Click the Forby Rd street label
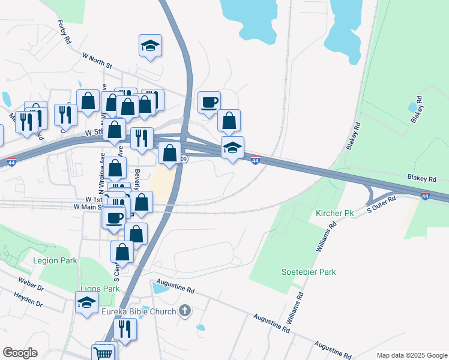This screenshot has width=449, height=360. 64,31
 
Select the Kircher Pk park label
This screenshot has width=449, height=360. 334,214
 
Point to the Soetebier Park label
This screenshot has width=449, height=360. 309,272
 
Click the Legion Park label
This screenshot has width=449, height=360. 55,261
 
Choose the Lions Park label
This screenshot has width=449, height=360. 99,289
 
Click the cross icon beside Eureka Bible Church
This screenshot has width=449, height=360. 185,311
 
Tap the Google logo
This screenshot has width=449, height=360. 20,353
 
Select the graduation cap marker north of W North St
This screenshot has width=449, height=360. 150,46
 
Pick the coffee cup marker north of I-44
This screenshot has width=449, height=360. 209,102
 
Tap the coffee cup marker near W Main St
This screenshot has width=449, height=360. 114,217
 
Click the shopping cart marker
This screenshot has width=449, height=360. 103,353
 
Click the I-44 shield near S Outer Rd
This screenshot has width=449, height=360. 425,196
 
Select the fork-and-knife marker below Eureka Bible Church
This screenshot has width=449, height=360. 125,329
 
